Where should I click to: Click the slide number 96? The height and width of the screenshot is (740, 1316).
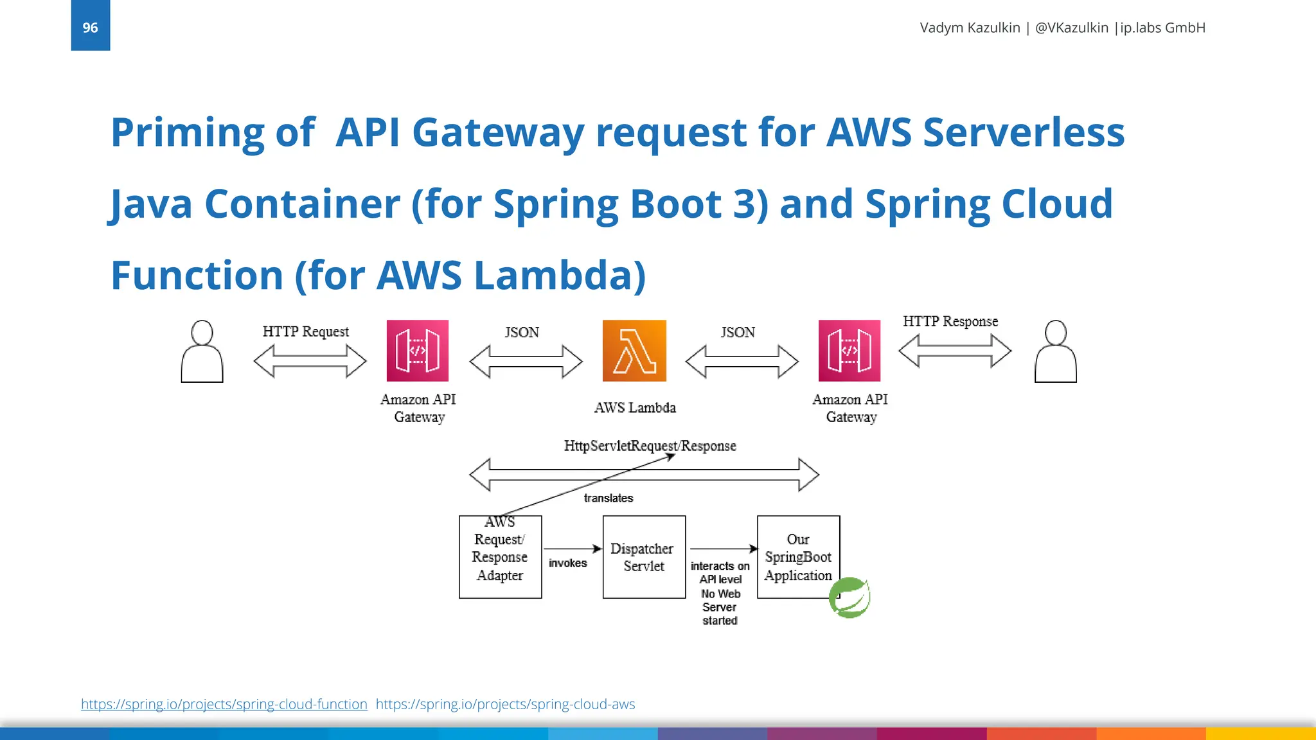coord(90,28)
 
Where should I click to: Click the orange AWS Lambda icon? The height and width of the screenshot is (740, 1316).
coord(634,351)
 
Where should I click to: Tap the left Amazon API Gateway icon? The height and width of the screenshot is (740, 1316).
coord(418,351)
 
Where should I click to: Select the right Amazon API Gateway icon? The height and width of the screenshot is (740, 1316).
coord(849,351)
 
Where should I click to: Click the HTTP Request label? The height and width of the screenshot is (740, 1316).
coord(306,331)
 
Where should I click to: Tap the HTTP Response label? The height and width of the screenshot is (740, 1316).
coord(950,321)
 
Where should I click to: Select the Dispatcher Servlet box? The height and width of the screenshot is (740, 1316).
coord(644,557)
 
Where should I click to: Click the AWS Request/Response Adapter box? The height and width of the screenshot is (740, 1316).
coord(500,557)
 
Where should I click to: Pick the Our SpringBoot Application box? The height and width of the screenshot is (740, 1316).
coord(798,557)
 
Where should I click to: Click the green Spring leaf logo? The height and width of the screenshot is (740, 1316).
coord(849,597)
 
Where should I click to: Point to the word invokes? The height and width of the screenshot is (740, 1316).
coord(567,563)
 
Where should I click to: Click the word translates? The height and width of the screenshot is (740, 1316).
coord(609,498)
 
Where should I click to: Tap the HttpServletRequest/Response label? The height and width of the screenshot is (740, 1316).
coord(650,446)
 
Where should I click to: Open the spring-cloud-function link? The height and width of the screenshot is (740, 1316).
coord(224,704)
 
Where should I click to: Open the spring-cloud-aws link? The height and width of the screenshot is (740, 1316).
coord(505,704)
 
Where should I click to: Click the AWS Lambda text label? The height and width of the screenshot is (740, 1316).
coord(635,408)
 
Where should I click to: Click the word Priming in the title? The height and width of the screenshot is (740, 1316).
coord(187,133)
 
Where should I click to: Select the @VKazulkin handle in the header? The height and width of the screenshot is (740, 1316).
coord(1071,28)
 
